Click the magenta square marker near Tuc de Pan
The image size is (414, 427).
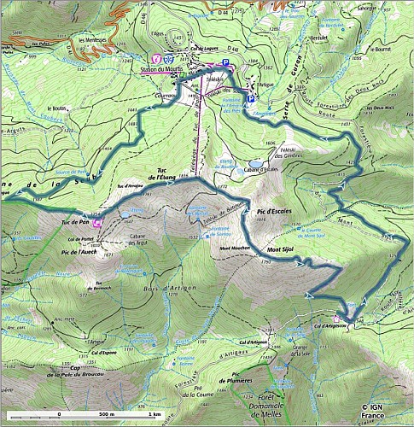(98, 224)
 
